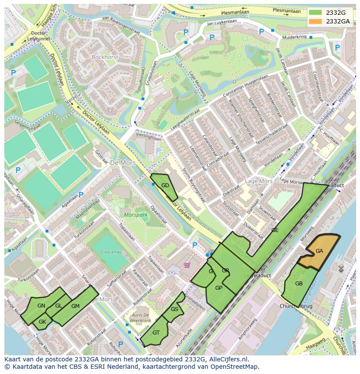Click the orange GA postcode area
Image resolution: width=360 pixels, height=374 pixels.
pyautogui.click(x=320, y=251)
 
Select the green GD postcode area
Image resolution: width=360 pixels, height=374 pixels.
pyautogui.click(x=165, y=186)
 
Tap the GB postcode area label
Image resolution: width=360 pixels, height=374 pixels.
pyautogui.click(x=299, y=284)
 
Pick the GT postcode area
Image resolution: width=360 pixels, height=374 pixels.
pyautogui.click(x=156, y=332)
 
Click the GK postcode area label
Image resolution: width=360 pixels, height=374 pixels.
pyautogui.click(x=42, y=322)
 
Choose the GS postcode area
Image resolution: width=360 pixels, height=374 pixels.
pyautogui.click(x=174, y=309)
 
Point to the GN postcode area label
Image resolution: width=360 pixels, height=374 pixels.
pyautogui.click(x=41, y=306)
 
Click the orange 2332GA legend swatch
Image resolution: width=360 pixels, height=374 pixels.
pyautogui.click(x=316, y=21)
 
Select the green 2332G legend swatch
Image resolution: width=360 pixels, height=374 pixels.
pyautogui.click(x=316, y=13)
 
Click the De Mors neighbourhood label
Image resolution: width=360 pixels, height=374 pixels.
pyautogui.click(x=123, y=163)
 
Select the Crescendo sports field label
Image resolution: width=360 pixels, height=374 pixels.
pyautogui.click(x=110, y=252)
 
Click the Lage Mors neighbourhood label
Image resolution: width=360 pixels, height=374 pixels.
pyautogui.click(x=258, y=181)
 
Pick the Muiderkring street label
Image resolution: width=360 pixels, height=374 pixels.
pyautogui.click(x=294, y=37)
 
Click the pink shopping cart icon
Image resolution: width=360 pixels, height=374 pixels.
pyautogui.click(x=187, y=265)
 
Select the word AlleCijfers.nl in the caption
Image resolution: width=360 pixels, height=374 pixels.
pyautogui.click(x=227, y=359)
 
